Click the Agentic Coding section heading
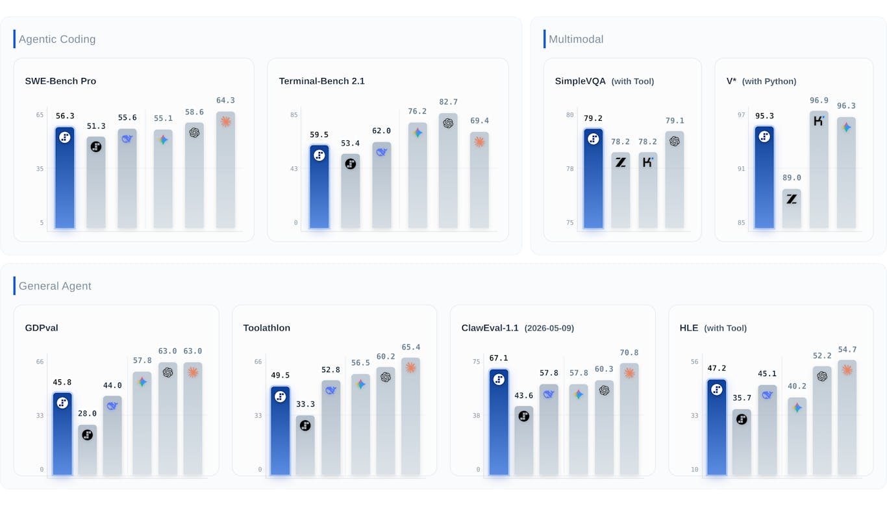coord(57,39)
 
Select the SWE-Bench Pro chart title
coord(60,81)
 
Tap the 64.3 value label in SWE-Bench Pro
coord(225,101)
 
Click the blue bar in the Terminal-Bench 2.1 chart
coord(319,186)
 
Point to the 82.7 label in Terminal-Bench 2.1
coord(448,102)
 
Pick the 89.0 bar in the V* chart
coord(792,209)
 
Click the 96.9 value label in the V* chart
coord(819,101)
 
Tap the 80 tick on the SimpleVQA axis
coord(569,115)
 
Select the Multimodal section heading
coord(576,39)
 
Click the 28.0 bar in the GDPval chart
coord(87,449)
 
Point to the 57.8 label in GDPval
coord(142,361)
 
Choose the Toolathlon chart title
coord(266,328)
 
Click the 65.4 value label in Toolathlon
coord(410,348)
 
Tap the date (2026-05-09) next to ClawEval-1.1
coord(549,328)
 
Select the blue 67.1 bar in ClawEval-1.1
coord(499,422)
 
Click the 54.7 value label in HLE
coord(847,350)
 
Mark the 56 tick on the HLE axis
coord(694,362)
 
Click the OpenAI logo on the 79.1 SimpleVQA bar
coord(675,141)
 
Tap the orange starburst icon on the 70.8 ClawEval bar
coord(629,373)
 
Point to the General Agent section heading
coord(55,286)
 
